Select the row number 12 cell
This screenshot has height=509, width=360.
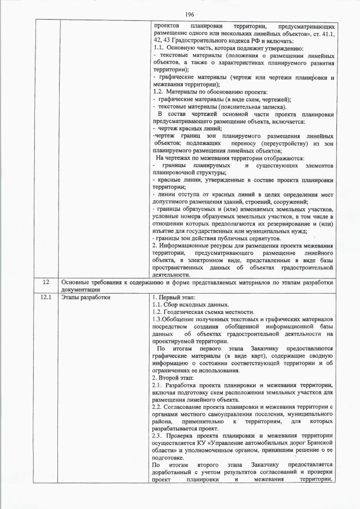(x=47, y=282)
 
